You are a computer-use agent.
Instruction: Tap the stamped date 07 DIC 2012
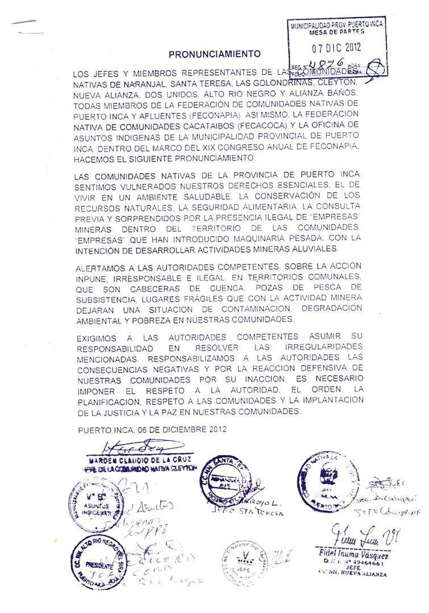(336, 47)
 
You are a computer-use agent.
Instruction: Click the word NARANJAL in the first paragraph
(141, 85)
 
